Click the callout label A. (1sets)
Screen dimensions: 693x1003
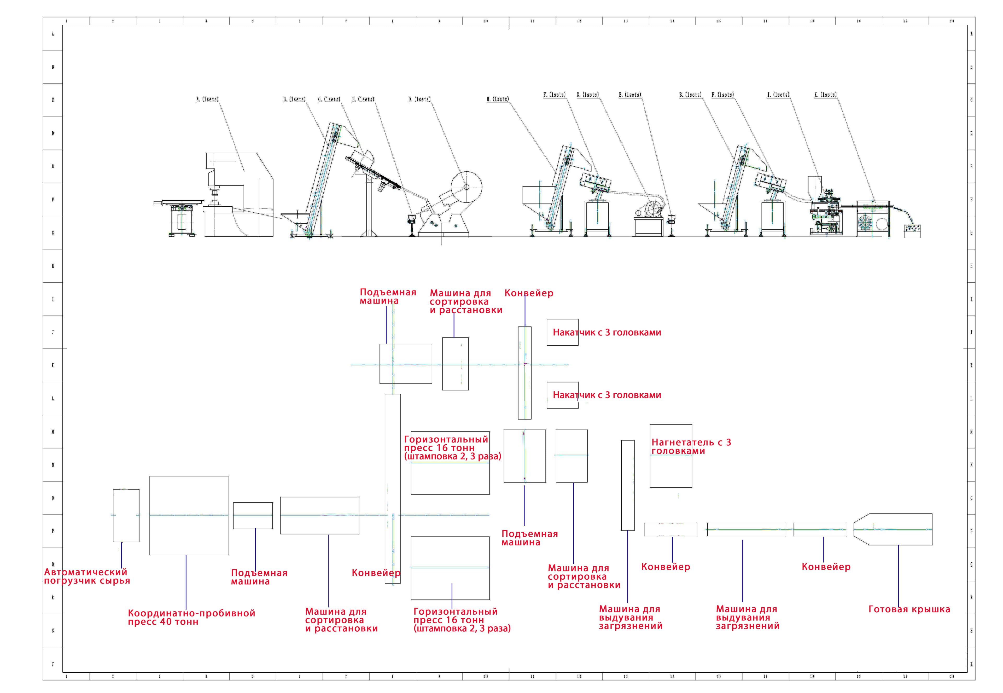point(208,100)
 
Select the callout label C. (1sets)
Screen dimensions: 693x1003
point(329,100)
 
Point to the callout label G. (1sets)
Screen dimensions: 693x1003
point(587,95)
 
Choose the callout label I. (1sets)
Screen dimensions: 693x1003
point(778,95)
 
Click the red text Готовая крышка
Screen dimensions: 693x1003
point(909,609)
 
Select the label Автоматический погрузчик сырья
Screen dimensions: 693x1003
point(86,576)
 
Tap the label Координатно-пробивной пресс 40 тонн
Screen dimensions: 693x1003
point(191,617)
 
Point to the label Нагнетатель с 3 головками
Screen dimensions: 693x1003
point(691,446)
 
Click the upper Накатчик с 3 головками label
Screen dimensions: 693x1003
point(607,333)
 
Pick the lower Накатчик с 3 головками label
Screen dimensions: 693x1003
point(607,395)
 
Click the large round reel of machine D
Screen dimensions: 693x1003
point(466,187)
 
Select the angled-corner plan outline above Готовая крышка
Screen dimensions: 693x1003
point(893,529)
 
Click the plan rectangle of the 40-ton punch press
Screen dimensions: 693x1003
point(189,515)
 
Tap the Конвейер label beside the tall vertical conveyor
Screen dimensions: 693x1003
point(376,573)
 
